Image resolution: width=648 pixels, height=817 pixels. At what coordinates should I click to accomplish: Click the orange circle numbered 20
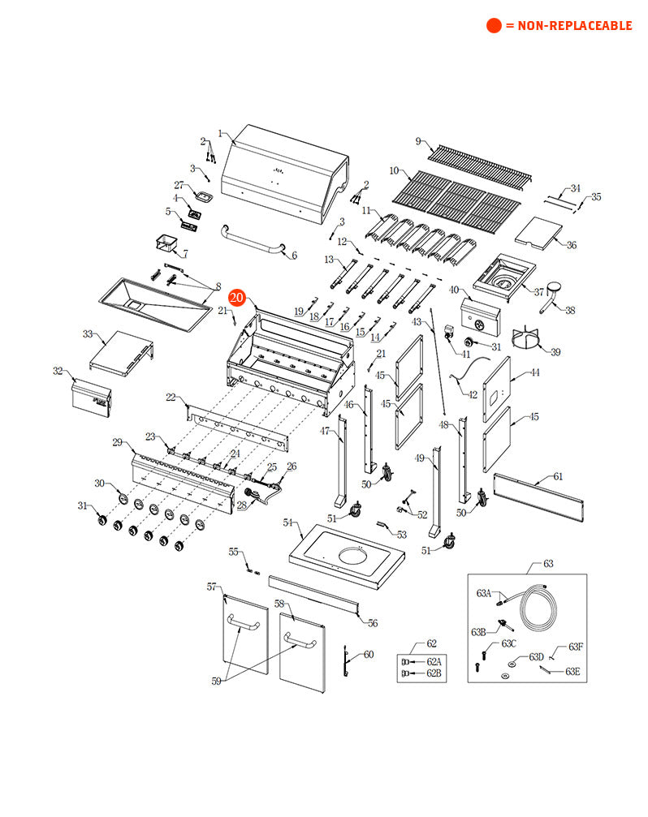[236, 298]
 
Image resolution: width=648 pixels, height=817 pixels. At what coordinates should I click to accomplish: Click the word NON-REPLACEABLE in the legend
[568, 26]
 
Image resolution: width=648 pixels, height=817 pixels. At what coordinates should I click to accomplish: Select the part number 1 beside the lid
[220, 133]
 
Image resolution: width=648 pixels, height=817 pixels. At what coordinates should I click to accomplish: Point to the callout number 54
[287, 523]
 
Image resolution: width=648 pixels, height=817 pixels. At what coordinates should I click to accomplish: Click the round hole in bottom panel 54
[356, 557]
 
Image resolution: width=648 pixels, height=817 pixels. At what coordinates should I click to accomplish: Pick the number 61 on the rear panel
[558, 476]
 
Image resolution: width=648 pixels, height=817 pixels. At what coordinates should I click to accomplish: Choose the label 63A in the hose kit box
[484, 593]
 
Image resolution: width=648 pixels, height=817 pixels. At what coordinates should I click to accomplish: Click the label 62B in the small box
[434, 673]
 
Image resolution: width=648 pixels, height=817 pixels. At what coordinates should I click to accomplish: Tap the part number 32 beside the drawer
[58, 371]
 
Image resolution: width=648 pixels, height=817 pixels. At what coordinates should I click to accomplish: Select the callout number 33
[88, 333]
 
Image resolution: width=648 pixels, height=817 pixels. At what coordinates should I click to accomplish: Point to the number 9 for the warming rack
[418, 142]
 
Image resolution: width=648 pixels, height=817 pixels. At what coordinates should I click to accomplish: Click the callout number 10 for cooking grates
[394, 171]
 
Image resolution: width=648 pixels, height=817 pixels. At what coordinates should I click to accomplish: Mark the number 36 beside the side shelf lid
[572, 245]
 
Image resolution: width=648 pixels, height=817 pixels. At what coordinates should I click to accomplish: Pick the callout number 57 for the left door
[212, 587]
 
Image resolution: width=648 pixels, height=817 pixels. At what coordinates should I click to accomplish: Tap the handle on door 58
[300, 643]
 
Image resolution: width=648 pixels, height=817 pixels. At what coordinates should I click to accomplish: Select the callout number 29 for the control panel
[118, 442]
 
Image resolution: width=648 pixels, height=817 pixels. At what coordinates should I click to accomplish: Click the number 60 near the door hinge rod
[369, 654]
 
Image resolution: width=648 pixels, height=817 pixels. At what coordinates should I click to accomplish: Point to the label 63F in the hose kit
[576, 647]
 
